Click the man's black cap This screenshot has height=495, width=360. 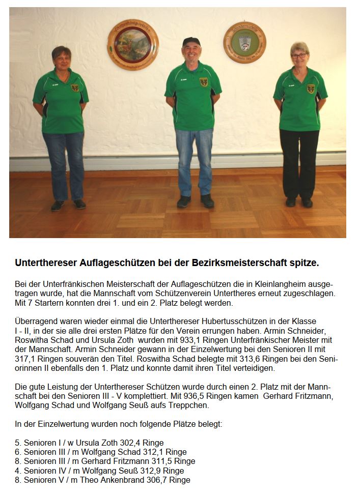pos(191,41)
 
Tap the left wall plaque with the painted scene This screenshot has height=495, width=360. pos(133,44)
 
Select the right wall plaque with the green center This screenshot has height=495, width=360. pos(244,42)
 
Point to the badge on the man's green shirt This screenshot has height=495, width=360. pos(204,82)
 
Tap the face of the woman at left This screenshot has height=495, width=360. pos(62,60)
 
